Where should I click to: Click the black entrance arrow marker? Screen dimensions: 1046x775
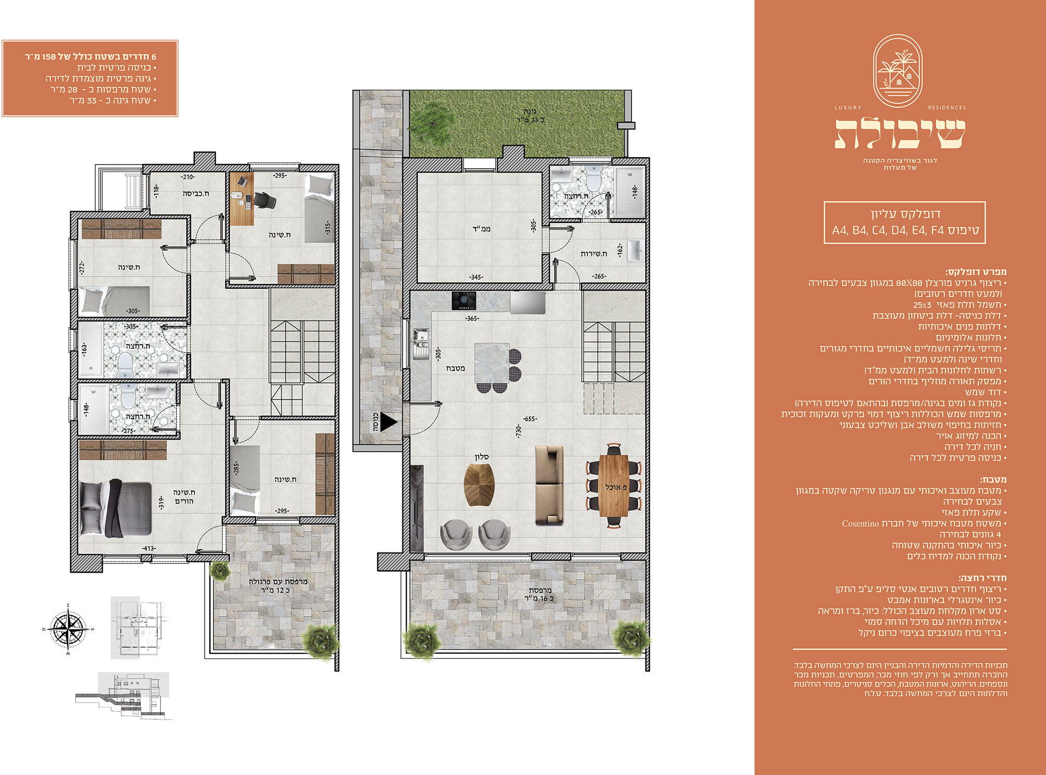click(388, 422)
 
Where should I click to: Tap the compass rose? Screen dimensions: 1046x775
click(68, 629)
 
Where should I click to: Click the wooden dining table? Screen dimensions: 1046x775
click(613, 486)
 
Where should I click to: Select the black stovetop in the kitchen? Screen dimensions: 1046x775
click(464, 301)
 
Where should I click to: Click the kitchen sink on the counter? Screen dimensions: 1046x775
click(421, 344)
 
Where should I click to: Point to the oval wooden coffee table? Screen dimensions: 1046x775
click(478, 485)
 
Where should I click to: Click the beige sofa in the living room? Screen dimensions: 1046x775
click(549, 484)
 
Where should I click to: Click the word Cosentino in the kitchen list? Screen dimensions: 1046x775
click(860, 523)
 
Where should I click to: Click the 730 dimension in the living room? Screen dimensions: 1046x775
click(518, 431)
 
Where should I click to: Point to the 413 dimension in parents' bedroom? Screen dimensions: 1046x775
click(149, 548)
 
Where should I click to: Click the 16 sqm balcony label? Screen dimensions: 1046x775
click(539, 594)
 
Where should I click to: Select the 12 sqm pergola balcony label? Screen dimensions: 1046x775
click(278, 585)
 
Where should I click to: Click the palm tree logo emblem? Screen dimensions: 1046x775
click(898, 71)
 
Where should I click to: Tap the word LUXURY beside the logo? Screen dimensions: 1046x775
click(848, 108)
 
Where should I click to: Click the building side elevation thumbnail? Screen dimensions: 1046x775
click(123, 695)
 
